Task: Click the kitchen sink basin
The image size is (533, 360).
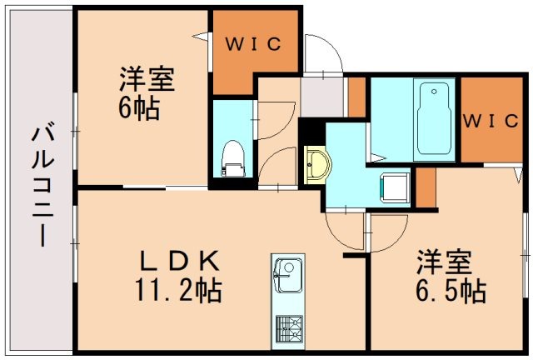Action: coord(287,274)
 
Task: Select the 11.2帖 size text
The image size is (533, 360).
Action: coord(177,291)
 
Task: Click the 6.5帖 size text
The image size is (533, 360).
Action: coord(451,291)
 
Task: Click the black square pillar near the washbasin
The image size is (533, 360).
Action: coord(311,131)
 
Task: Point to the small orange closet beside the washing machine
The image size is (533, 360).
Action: coord(425,188)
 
